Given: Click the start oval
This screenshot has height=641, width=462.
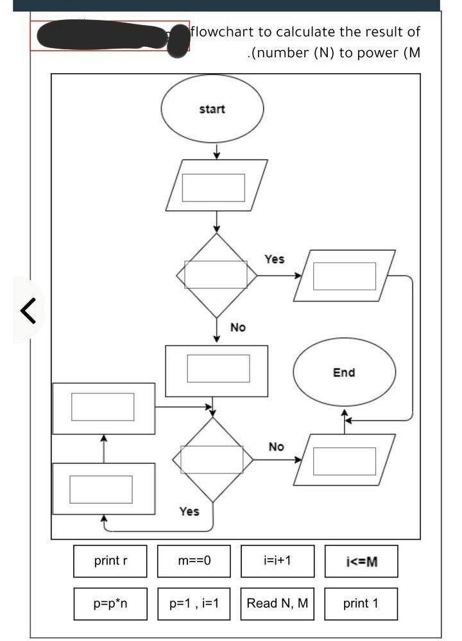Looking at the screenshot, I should click(x=212, y=109).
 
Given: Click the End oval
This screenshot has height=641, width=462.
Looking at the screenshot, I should click(x=344, y=373).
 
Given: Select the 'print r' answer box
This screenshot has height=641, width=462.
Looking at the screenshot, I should click(x=110, y=561).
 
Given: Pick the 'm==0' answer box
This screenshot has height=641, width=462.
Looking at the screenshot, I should click(x=194, y=561).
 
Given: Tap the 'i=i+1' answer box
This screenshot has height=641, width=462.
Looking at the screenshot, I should click(x=278, y=561).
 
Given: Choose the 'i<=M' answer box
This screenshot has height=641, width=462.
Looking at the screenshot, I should click(x=361, y=561).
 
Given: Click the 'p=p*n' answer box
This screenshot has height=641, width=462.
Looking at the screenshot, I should click(x=110, y=604).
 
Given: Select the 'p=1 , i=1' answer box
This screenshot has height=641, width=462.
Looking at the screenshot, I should click(x=194, y=604).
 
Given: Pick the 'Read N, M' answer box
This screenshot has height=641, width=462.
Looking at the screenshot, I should click(x=278, y=604).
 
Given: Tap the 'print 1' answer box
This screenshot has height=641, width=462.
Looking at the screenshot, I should click(x=361, y=604).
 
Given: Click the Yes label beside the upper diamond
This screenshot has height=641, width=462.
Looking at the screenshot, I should click(x=274, y=259).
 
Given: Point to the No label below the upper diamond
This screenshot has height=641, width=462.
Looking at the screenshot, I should click(x=237, y=328).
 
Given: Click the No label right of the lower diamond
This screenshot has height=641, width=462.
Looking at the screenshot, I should click(x=276, y=447).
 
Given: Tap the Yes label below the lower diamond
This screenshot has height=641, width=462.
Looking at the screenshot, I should click(x=189, y=511).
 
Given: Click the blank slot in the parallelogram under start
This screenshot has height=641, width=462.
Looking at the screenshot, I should click(x=214, y=187).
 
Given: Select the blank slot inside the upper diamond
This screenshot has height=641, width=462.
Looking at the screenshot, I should click(x=216, y=275).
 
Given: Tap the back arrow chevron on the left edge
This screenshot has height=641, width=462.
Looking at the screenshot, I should click(x=28, y=311).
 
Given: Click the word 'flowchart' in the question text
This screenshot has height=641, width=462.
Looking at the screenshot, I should click(x=222, y=31).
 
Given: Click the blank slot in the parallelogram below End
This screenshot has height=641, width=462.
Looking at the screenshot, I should click(x=344, y=461).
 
